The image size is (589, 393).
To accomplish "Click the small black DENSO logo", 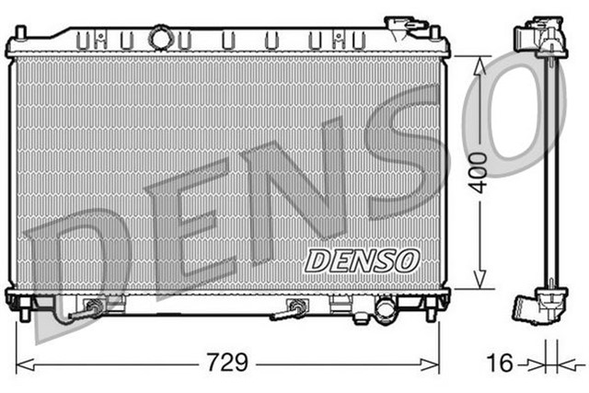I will pos(363,260).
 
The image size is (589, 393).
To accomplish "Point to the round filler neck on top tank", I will pos(162,39).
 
